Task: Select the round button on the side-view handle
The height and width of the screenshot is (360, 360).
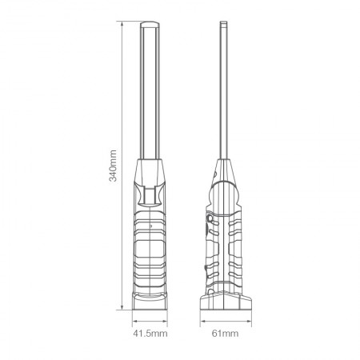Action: tap(210, 218)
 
